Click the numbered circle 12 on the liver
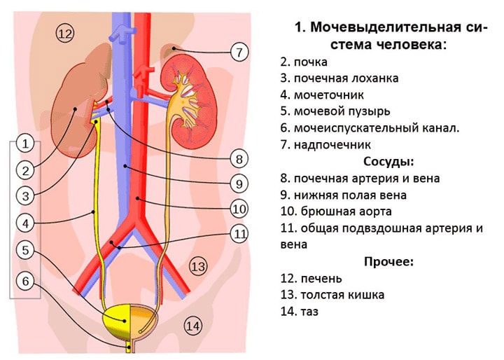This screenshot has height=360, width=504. pos(64,34)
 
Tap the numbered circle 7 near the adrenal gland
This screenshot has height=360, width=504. pos(239,52)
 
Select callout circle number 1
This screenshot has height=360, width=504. pos(25,145)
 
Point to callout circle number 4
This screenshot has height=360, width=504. pos(25,223)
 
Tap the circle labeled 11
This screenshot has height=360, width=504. pos(239,234)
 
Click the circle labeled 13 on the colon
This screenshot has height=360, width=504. pos(199,266)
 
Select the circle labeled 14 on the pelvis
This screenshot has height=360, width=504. pos(192,325)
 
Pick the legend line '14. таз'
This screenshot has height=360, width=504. pos(299,312)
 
